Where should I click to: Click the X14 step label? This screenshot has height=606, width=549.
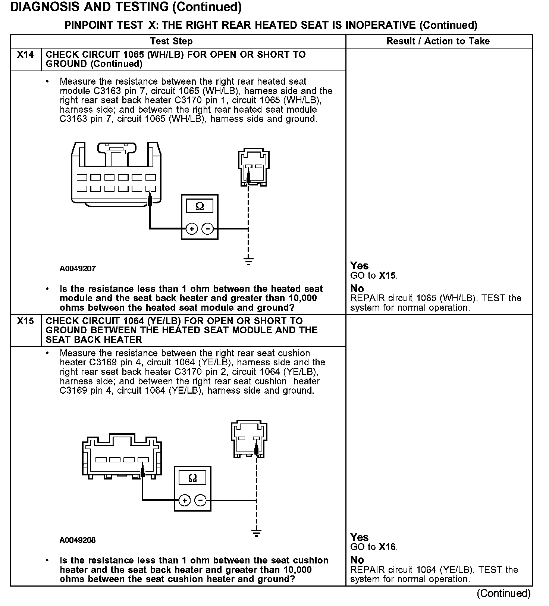[x=25, y=55]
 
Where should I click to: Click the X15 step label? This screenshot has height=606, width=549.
[x=25, y=321]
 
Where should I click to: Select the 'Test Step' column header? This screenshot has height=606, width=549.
[x=171, y=41]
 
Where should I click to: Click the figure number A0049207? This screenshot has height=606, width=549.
[x=78, y=269]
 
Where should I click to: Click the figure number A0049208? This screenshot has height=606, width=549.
[x=78, y=540]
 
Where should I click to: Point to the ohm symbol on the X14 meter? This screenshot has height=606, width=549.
[x=200, y=206]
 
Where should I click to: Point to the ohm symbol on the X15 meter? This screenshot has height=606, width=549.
[x=192, y=478]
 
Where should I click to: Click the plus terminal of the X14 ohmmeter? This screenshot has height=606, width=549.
[x=191, y=228]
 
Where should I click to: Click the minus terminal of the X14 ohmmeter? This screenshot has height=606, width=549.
[x=208, y=228]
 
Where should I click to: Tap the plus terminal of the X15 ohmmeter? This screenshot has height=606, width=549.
[x=185, y=500]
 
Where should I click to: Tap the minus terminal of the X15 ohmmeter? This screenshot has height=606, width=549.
[x=201, y=500]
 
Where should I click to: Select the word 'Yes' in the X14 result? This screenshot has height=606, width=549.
[x=359, y=266]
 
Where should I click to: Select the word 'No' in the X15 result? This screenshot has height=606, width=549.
[x=357, y=560]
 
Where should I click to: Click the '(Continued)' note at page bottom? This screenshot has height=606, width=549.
[x=503, y=593]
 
